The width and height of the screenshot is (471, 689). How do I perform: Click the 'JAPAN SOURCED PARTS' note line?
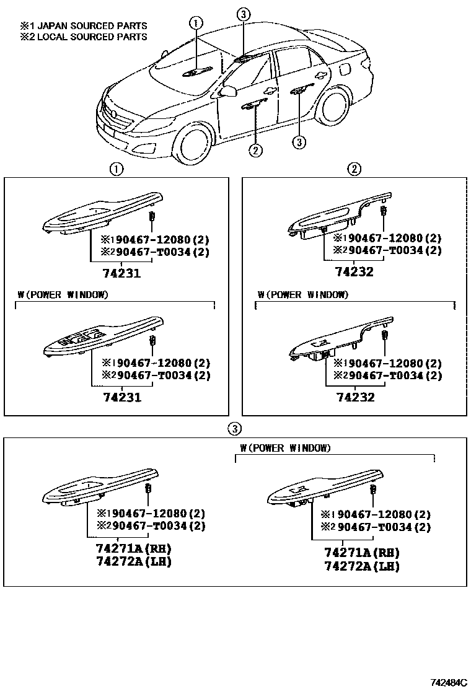pyautogui.click(x=83, y=26)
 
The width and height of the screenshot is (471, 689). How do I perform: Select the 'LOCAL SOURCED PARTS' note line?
pyautogui.click(x=83, y=37)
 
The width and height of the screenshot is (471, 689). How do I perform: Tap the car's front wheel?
pyautogui.click(x=194, y=146)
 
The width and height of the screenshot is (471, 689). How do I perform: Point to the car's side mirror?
pyautogui.click(x=228, y=92)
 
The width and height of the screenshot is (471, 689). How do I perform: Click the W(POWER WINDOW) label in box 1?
pyautogui.click(x=63, y=294)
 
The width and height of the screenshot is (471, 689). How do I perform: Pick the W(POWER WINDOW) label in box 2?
pyautogui.click(x=302, y=294)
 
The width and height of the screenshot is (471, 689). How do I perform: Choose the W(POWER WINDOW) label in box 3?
pyautogui.click(x=285, y=448)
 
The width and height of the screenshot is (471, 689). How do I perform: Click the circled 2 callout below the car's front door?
pyautogui.click(x=255, y=149)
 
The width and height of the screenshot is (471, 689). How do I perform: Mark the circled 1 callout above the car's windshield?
pyautogui.click(x=196, y=24)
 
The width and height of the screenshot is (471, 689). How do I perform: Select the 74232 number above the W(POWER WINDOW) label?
pyautogui.click(x=354, y=271)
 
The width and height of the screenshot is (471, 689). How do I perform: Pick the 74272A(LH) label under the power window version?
pyautogui.click(x=361, y=566)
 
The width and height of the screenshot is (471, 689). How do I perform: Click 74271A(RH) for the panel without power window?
pyautogui.click(x=133, y=550)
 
